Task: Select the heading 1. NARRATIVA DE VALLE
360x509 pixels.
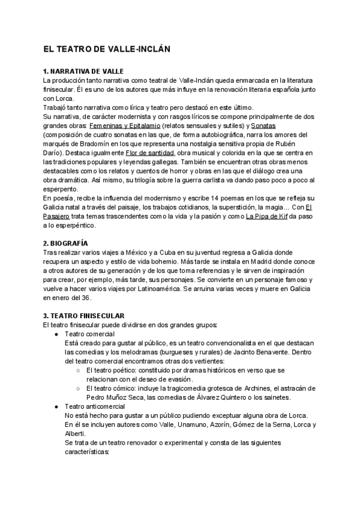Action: [x=83, y=71]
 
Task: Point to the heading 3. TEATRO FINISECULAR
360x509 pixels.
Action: [x=83, y=315]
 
